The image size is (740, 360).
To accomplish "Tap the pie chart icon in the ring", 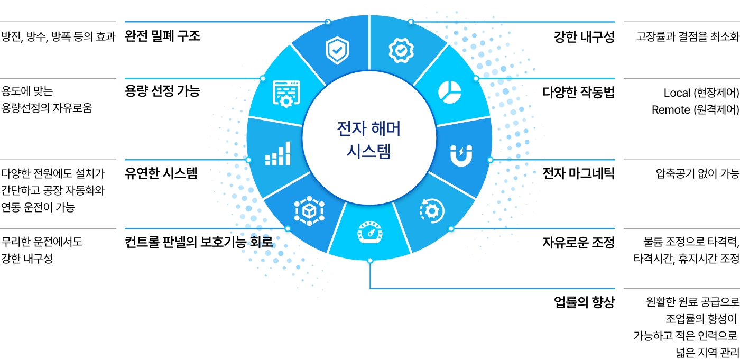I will [449, 91].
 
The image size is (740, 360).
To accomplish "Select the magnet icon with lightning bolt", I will [461, 154].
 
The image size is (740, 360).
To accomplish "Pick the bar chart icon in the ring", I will [277, 153].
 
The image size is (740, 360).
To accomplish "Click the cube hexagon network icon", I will [308, 212].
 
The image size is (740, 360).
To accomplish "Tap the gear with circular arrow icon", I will [432, 211].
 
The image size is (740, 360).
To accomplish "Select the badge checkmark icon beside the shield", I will [401, 50].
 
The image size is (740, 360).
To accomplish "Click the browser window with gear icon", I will [286, 94].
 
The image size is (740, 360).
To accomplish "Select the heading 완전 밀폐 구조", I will [162, 36].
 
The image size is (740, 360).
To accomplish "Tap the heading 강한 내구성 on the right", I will [584, 37].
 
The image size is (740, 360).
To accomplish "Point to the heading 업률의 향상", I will [584, 302].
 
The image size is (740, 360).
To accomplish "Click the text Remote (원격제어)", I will [695, 110].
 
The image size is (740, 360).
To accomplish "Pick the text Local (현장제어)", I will [701, 93].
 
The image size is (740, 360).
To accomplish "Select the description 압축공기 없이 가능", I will [697, 173].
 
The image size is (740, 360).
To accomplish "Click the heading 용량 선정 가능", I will [162, 91].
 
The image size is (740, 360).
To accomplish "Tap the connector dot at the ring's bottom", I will [370, 260].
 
